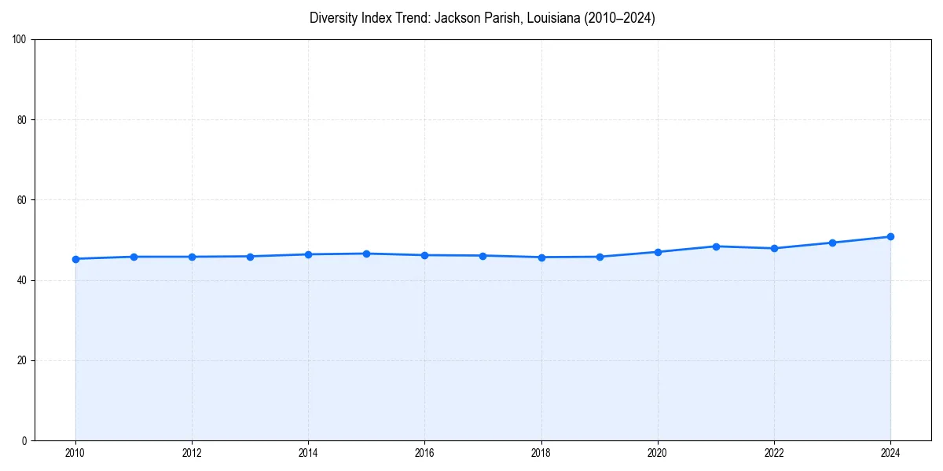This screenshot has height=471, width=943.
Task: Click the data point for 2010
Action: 75,259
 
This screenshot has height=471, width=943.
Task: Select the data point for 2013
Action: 250,257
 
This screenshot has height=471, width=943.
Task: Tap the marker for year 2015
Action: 366,254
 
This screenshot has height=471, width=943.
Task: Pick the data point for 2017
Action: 483,256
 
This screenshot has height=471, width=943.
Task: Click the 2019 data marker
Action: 600,257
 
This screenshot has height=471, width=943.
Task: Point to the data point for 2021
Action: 716,246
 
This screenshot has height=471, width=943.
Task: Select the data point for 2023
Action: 832,243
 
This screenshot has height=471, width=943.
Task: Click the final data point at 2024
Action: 890,236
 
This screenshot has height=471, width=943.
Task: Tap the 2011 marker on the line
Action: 134,257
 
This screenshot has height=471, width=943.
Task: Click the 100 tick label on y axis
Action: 20,40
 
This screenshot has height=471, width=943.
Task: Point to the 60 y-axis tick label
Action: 22,200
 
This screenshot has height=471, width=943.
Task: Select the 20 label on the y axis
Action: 22,360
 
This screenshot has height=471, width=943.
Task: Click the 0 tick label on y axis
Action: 24,440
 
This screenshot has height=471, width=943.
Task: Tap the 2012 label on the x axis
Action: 192,453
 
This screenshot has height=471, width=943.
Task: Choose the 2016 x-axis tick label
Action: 424,453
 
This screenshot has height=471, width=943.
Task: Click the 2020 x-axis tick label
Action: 658,453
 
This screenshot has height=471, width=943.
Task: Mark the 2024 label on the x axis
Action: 890,453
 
